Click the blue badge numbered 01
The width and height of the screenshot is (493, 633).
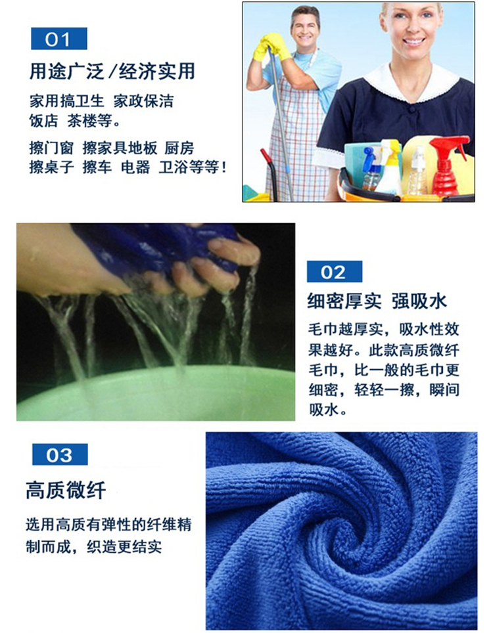point(59,39)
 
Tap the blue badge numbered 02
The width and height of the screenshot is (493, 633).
point(334,272)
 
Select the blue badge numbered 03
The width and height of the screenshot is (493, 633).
point(60,454)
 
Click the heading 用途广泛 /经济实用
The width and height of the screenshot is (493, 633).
point(112,72)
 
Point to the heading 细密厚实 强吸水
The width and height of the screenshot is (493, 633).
point(377,301)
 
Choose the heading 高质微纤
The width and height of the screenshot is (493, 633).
point(66,491)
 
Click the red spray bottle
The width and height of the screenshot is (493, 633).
point(447,166)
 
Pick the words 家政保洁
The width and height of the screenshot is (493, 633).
point(143,101)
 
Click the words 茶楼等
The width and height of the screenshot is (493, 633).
point(91,120)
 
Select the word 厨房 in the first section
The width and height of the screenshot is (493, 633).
point(179,148)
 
